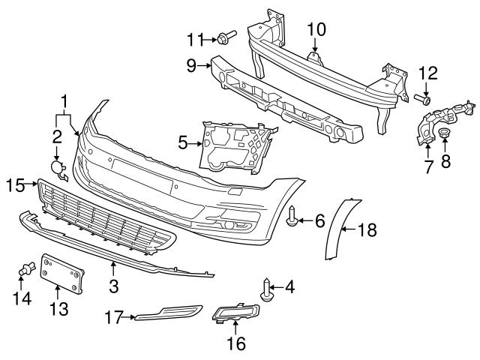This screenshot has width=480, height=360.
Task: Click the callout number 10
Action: tap(316, 29)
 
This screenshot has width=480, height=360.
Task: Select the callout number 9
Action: tap(192, 66)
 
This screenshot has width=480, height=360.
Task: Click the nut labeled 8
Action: tap(444, 136)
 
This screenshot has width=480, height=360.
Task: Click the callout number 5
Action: tap(182, 140)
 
